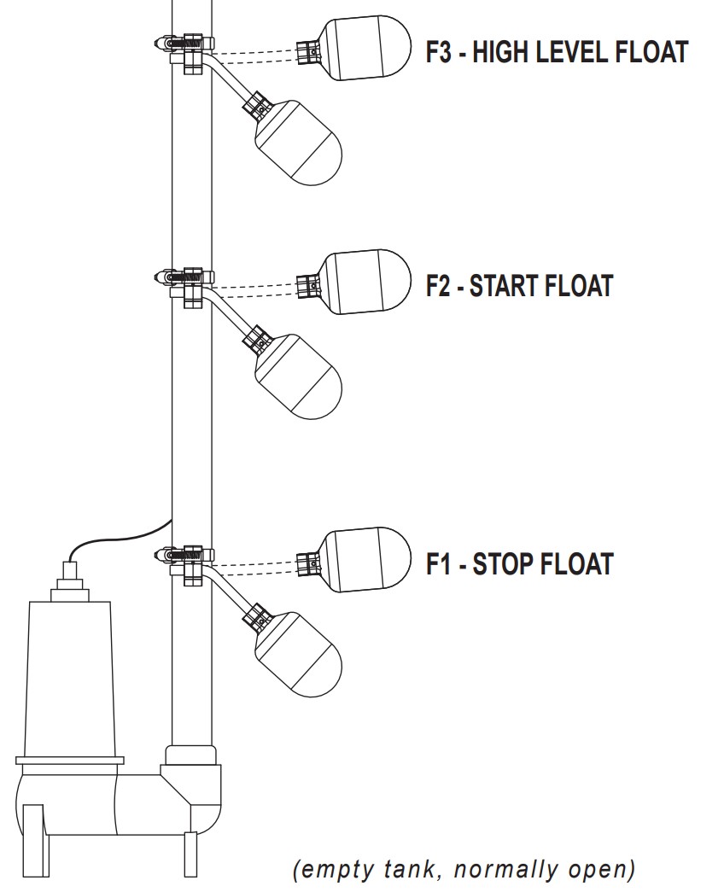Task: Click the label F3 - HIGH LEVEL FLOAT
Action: (557, 53)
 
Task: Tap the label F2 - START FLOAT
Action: (519, 285)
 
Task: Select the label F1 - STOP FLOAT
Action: (519, 564)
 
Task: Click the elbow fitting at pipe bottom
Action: (195, 785)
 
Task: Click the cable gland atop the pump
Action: (67, 585)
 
